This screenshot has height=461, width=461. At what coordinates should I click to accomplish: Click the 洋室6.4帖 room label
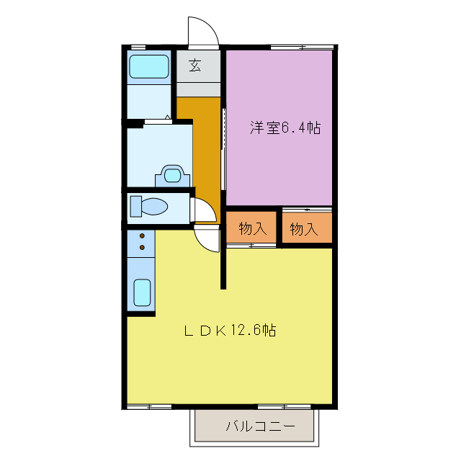click(x=285, y=128)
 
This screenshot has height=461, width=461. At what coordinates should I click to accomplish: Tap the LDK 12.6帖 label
click(x=229, y=331)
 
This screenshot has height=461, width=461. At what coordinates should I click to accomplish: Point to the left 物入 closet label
click(x=252, y=229)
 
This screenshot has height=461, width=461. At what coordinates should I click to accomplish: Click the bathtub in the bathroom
click(x=148, y=68)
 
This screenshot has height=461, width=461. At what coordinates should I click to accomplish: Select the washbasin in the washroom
click(x=172, y=175)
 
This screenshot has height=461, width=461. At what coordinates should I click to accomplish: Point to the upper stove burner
click(x=142, y=236)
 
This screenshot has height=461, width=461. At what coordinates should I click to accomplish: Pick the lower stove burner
click(x=142, y=247)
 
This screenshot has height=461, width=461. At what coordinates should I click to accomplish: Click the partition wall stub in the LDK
click(x=223, y=267)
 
